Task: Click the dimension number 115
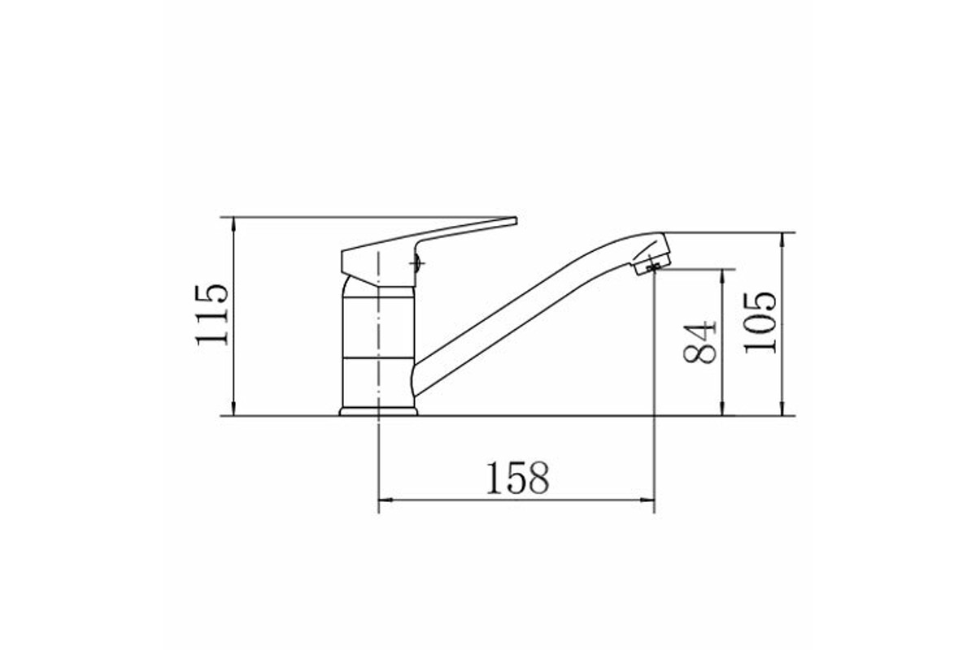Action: (x=212, y=315)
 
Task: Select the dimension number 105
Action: (x=760, y=323)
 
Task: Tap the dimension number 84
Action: (x=699, y=342)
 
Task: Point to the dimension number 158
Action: (x=517, y=478)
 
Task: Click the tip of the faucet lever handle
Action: (x=516, y=221)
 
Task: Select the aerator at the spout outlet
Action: (x=652, y=266)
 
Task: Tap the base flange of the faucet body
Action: (x=378, y=411)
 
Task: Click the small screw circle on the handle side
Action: (x=416, y=263)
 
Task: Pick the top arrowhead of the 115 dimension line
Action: (x=234, y=223)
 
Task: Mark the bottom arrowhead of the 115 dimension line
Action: (x=234, y=409)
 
